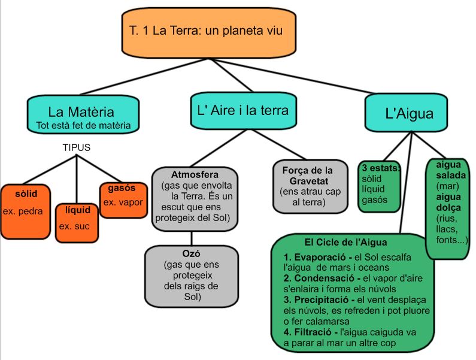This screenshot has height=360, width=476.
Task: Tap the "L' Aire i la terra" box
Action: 242,110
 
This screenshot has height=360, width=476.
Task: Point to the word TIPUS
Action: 77,147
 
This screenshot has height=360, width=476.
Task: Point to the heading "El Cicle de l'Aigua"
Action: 345,243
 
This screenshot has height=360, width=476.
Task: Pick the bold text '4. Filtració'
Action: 309,332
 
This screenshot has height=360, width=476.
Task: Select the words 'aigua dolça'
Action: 448,202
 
